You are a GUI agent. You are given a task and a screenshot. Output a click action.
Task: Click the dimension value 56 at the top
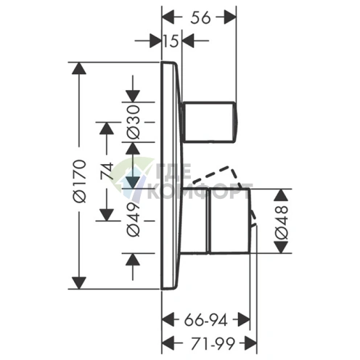click(200, 18)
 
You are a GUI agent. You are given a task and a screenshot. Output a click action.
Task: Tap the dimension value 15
click(171, 41)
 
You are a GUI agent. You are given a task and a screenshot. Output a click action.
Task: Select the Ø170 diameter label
click(80, 181)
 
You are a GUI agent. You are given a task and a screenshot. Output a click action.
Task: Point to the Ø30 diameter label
click(134, 122)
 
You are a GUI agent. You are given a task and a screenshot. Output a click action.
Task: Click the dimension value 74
click(107, 171)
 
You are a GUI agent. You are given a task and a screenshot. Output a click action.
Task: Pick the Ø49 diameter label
click(134, 219)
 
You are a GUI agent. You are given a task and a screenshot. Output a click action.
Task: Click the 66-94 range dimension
click(205, 321)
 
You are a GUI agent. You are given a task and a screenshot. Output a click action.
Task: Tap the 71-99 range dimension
click(213, 343)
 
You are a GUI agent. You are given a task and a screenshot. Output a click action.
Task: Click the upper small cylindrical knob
click(210, 122)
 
